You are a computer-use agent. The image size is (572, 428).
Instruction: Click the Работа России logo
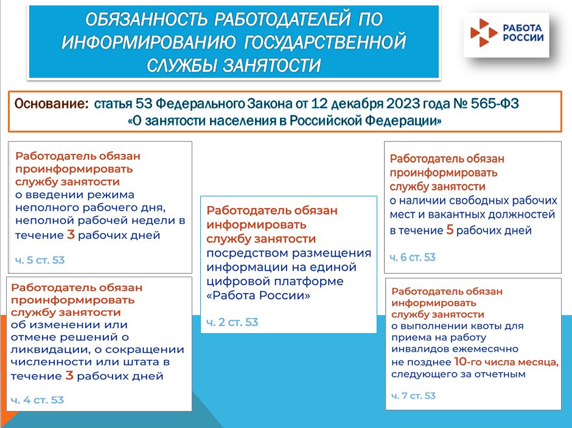click(506, 33)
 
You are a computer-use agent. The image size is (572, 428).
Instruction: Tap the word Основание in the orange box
click(51, 103)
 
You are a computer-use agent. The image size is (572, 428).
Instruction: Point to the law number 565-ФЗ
click(494, 103)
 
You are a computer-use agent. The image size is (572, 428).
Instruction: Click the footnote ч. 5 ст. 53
click(40, 260)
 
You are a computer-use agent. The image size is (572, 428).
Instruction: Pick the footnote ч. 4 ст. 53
click(37, 400)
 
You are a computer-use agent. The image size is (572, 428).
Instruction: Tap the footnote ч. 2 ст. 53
click(232, 322)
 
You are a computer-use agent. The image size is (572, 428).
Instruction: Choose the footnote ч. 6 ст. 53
click(413, 257)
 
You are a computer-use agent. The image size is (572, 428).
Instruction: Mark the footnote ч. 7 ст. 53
click(413, 396)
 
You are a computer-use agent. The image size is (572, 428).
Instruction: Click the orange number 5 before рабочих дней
click(450, 230)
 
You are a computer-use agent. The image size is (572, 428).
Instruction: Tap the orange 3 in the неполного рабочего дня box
click(71, 235)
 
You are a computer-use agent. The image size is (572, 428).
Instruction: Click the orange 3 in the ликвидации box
click(69, 375)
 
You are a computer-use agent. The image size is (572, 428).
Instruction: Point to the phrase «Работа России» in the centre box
click(258, 295)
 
